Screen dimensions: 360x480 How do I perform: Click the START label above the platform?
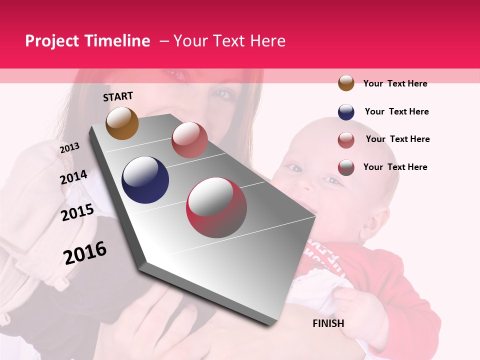pos(118,96)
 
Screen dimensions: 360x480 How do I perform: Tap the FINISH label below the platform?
pos(328,323)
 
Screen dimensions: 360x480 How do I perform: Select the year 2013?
pos(69,148)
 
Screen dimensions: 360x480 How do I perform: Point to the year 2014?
pos(73,177)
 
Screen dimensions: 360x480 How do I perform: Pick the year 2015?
pos(77,213)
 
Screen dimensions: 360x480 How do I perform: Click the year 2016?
pos(85,253)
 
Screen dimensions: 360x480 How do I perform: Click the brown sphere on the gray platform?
pos(122,123)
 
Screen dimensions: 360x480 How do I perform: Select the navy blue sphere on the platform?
pos(145,180)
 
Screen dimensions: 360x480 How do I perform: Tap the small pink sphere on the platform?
pos(189,140)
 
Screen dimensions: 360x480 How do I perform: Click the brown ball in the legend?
pos(346,83)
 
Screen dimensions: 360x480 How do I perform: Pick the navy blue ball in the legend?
pos(346,112)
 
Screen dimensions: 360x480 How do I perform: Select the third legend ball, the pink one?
pos(346,140)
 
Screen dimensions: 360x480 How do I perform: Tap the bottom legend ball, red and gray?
pos(346,167)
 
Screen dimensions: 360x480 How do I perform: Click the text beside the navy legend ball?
pos(396,111)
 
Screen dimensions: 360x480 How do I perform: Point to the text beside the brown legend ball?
pos(395,83)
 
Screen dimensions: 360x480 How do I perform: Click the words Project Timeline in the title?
pos(87,41)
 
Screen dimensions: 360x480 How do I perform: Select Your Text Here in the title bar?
pos(229,41)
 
